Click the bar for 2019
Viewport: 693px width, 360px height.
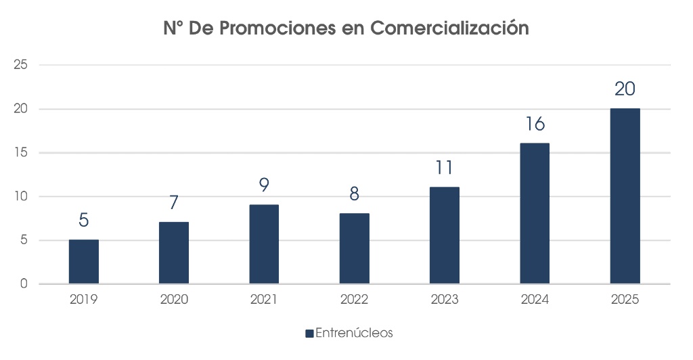84,262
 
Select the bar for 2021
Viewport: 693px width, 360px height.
264,244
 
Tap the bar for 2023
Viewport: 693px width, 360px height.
445,235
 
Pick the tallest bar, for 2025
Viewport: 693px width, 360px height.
625,196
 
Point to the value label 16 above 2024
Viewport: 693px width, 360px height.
535,125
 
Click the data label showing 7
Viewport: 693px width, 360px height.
174,203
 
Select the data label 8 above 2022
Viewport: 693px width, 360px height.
354,194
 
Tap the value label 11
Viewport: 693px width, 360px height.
445,168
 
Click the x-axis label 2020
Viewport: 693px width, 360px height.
174,299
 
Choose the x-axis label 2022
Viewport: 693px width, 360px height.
354,299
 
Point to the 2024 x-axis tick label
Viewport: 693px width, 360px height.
535,299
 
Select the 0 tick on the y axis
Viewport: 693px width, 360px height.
24,284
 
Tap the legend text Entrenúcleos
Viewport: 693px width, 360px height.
354,333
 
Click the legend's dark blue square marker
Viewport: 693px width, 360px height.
309,334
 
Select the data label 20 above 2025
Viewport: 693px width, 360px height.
625,89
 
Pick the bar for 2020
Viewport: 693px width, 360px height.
174,253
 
